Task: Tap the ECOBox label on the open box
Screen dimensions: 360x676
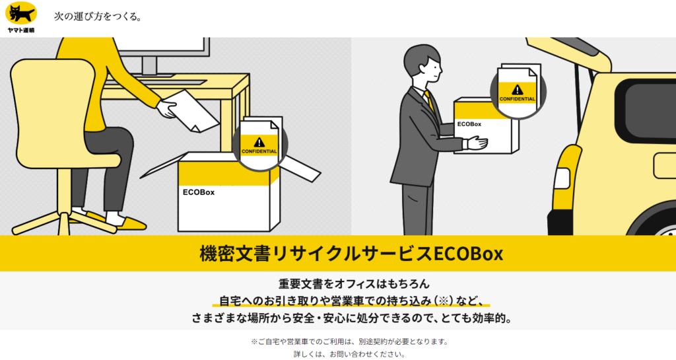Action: point(199,193)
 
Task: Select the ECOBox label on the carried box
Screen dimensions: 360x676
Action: point(469,124)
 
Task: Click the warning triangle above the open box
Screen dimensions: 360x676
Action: point(259,141)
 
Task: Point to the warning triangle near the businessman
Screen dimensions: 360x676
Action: point(517,89)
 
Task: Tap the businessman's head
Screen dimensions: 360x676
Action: point(422,63)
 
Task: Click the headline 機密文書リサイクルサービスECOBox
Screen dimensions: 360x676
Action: point(337,253)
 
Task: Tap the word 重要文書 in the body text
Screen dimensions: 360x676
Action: point(300,284)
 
